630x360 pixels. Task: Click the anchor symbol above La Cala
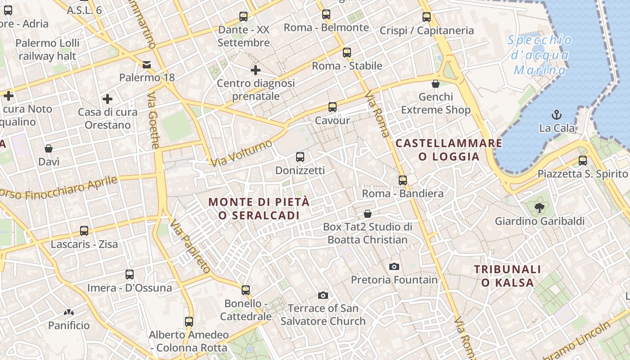coord(557,114)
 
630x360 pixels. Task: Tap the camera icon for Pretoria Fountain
coord(394,266)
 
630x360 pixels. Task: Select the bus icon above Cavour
coord(333,107)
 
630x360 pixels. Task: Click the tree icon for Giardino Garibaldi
coord(539,207)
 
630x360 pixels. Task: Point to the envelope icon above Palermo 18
coord(147,64)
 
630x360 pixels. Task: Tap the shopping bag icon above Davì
coord(49,148)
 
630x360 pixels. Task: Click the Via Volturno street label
coord(241,153)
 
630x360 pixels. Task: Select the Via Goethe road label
coord(153,120)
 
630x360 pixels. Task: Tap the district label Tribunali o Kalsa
coord(508,276)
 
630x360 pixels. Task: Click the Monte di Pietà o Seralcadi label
coord(260,209)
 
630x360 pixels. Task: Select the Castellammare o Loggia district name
coord(449,150)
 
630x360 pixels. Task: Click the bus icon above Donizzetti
coord(300,157)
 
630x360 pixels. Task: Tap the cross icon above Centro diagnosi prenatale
coord(256,70)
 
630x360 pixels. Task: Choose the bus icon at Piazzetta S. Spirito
coord(583,161)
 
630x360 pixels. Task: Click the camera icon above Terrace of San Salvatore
coord(323,295)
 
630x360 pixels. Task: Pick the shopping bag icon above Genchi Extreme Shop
coord(436,84)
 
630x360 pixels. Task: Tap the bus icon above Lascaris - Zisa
coord(84,231)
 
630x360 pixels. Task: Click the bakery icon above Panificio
coord(69,312)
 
